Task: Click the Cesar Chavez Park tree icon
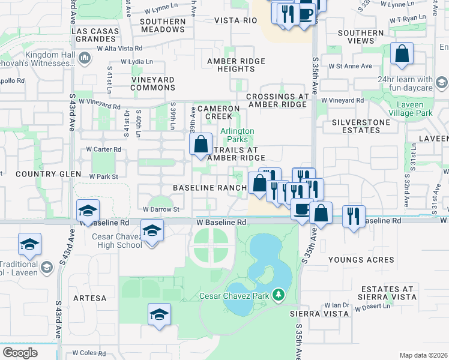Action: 278,294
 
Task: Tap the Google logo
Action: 20,353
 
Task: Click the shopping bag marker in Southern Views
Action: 402,54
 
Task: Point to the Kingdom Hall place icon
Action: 85,58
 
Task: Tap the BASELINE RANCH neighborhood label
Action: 209,188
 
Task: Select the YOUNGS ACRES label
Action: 361,260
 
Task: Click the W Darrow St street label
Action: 161,209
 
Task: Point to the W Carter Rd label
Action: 103,149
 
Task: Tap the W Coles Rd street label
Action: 89,353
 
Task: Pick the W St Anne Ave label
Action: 350,66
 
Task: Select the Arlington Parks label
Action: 237,135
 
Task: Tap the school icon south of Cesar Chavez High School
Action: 159,315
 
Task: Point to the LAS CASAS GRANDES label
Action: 93,35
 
